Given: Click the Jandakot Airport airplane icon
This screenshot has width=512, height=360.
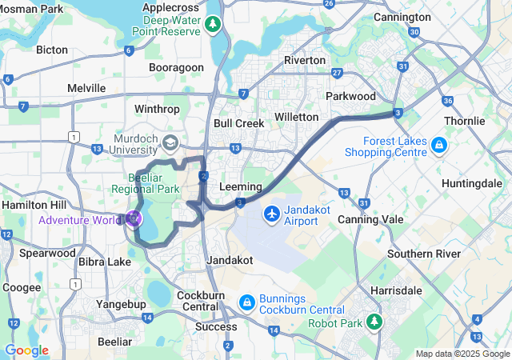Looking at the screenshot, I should click(272, 214).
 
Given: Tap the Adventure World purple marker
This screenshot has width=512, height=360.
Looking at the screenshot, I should click(133, 218).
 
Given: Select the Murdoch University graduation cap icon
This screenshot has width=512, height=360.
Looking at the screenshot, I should click(170, 142).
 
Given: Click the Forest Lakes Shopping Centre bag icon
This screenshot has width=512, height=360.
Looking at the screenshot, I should click(438, 146).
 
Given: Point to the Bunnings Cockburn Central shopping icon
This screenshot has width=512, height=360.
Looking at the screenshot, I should click(248, 302).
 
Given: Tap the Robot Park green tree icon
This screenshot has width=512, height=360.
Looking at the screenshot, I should click(374, 322).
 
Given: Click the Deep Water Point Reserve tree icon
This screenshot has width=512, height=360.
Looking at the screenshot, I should click(212, 24).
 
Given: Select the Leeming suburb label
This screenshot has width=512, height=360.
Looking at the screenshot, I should click(239, 186).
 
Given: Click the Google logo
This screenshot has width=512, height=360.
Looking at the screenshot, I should click(26, 350).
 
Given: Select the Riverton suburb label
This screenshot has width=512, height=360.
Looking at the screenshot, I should click(305, 60).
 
